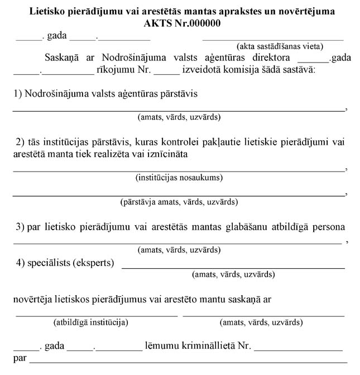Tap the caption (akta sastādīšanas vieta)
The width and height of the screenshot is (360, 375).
[280, 46]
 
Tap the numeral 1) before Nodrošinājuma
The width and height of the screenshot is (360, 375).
[18, 94]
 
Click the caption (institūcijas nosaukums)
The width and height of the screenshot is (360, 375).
[179, 178]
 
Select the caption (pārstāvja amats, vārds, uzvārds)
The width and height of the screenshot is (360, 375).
[179, 202]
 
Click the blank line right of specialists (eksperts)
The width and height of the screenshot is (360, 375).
[233, 268]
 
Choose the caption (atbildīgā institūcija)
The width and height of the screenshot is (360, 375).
[91, 322]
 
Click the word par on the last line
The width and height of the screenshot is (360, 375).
[20, 358]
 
